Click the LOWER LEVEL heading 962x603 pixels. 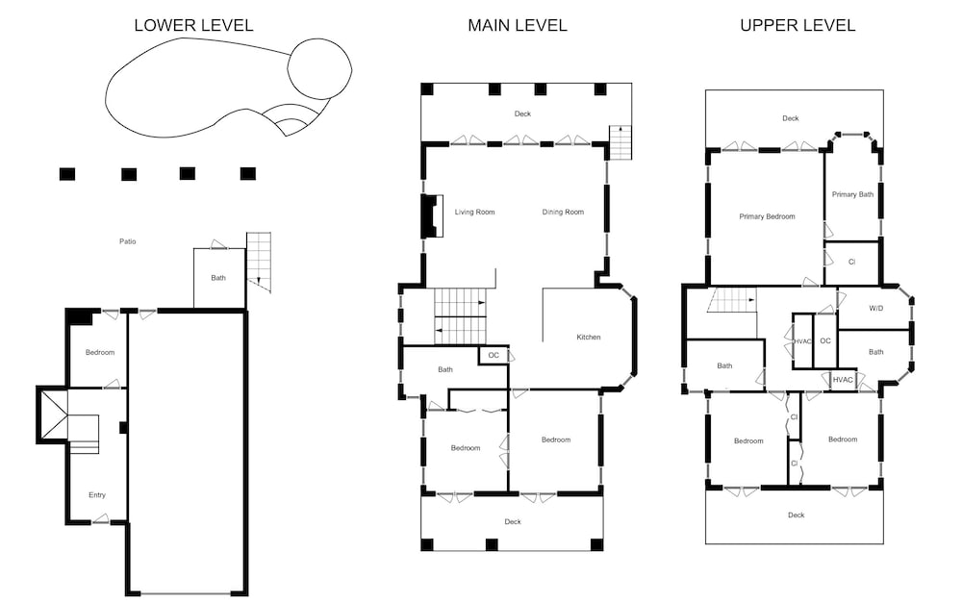(x=194, y=25)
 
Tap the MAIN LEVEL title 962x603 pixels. (x=518, y=25)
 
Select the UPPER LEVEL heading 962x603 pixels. (x=797, y=25)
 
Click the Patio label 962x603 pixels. (x=128, y=241)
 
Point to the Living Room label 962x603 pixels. (x=474, y=213)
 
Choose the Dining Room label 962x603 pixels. (x=563, y=213)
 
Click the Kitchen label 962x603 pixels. (x=589, y=338)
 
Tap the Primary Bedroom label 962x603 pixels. (x=767, y=216)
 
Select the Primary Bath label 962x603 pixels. (x=852, y=194)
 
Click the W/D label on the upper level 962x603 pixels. (x=876, y=309)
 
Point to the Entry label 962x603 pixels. (x=97, y=495)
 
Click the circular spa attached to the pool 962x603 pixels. (x=319, y=68)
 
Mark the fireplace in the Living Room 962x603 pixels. (x=432, y=216)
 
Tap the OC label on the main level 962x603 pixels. (x=494, y=355)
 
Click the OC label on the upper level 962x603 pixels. (x=825, y=341)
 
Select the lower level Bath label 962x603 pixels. (x=218, y=278)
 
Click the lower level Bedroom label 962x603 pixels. (x=100, y=353)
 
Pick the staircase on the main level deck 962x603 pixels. (x=620, y=142)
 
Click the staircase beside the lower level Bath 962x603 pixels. (x=258, y=262)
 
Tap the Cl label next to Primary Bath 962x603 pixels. (x=851, y=262)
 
